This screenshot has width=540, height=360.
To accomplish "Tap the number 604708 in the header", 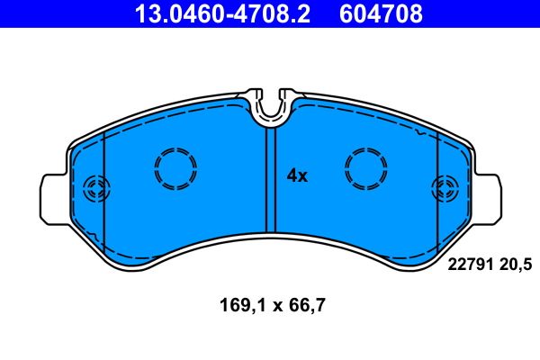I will (x=380, y=13).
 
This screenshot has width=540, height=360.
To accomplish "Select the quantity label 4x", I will (x=297, y=176).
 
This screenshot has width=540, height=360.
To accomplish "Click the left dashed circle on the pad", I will (x=175, y=167).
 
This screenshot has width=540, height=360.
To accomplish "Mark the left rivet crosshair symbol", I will (x=94, y=189).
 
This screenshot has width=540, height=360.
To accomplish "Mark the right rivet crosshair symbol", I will (x=445, y=189).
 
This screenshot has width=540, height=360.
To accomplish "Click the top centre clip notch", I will (x=270, y=106).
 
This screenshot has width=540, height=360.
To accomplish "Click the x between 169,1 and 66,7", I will (x=270, y=305).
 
